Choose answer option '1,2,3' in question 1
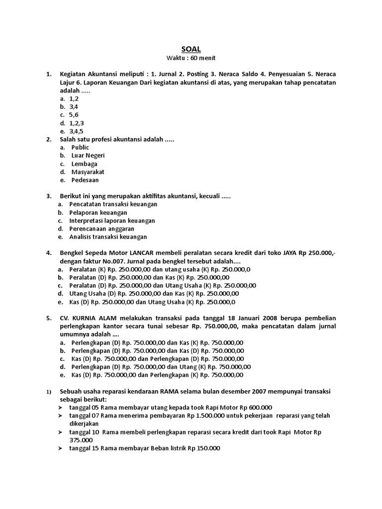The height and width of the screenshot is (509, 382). (x=77, y=123)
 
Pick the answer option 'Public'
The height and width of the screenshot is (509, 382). (x=80, y=148)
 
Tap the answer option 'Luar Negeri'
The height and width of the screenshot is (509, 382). (x=88, y=156)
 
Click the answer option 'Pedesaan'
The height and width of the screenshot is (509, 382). (x=85, y=179)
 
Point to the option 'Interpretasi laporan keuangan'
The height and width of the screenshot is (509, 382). (x=112, y=220)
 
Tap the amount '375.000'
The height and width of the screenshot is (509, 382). (x=81, y=440)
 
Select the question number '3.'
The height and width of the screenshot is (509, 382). (x=49, y=196)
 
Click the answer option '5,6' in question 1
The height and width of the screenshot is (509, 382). (x=74, y=115)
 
